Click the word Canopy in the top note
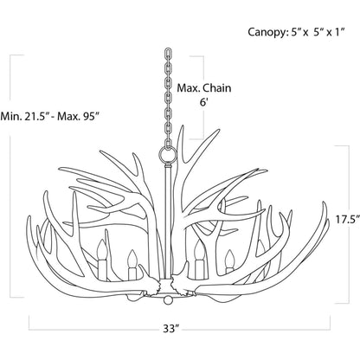[267, 32]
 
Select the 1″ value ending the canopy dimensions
[339, 32]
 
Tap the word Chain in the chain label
[217, 88]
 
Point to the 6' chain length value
[204, 102]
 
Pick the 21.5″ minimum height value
[35, 117]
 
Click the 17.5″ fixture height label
[348, 220]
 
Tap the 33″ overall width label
[171, 329]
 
